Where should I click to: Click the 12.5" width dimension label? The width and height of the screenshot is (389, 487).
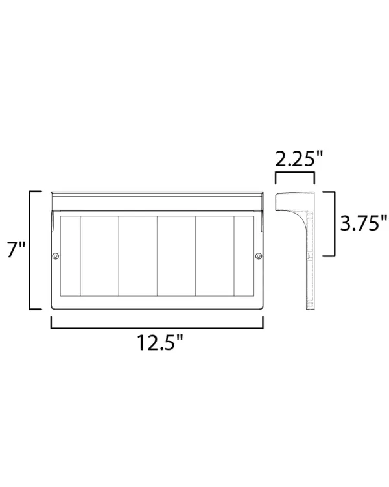[160, 343]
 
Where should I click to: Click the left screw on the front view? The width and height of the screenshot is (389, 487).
[56, 256]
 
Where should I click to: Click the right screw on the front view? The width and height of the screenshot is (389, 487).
[259, 256]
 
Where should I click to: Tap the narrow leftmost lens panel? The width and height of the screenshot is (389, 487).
[71, 256]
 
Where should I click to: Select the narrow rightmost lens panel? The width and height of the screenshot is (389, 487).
[244, 256]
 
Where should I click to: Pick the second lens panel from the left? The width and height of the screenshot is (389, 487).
[100, 256]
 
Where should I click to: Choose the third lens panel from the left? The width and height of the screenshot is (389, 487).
[138, 256]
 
